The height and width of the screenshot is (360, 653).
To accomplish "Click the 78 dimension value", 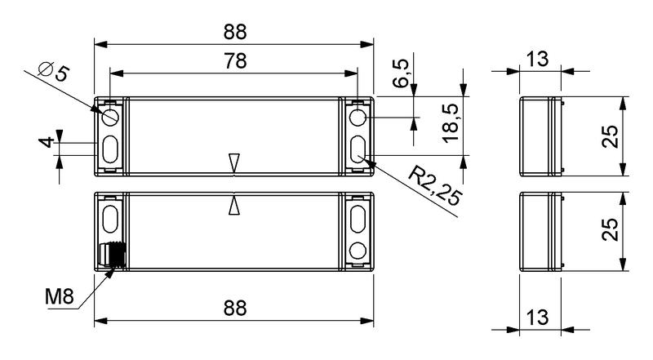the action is point(236,61).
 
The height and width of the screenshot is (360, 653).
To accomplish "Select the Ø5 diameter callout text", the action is point(53,72).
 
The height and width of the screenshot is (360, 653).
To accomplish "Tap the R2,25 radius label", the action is point(436,186).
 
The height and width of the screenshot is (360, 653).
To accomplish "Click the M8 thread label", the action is point(60,296).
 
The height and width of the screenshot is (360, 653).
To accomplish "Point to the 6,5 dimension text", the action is point(401,73).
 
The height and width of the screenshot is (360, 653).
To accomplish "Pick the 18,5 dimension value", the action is point(451,123).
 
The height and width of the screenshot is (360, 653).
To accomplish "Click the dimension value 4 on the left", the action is point(47,142).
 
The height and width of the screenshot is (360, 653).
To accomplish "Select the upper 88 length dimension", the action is point(235,32).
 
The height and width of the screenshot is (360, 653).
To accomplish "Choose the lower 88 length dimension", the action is point(235,309).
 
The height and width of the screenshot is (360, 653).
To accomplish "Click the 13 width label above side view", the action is point(537,59).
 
